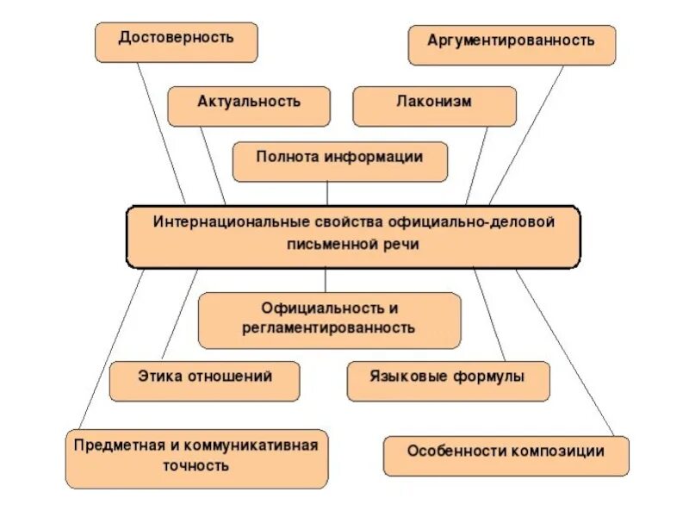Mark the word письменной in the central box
pyautogui.click(x=330, y=245)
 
